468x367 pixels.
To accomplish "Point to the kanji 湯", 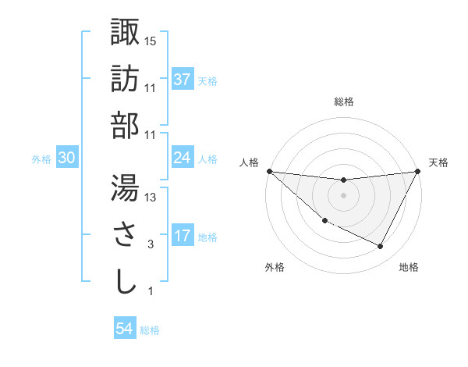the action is tap(125, 187).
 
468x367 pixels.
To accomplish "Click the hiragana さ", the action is tap(125, 234).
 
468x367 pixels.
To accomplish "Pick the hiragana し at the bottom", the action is tap(125, 281).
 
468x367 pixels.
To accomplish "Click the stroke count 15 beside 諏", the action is tap(151, 41).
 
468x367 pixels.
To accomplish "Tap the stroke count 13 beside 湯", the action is tap(151, 198).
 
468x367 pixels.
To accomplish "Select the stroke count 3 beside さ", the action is tap(151, 244).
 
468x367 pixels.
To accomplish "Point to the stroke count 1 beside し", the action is tap(151, 291).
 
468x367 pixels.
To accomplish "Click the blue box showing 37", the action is tap(183, 80).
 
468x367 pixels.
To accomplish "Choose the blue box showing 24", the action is tap(183, 158).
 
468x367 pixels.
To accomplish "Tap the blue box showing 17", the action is tap(183, 236).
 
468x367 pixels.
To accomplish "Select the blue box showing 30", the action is tap(67, 158).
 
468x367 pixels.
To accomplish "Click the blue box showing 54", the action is tap(125, 329).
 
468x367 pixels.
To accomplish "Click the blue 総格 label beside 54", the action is tap(151, 330).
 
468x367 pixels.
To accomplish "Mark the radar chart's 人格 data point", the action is tap(270, 170).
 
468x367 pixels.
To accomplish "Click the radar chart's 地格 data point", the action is tap(381, 247).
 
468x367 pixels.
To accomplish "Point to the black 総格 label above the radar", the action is tap(343, 102).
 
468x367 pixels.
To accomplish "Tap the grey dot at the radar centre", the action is tap(343, 195).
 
